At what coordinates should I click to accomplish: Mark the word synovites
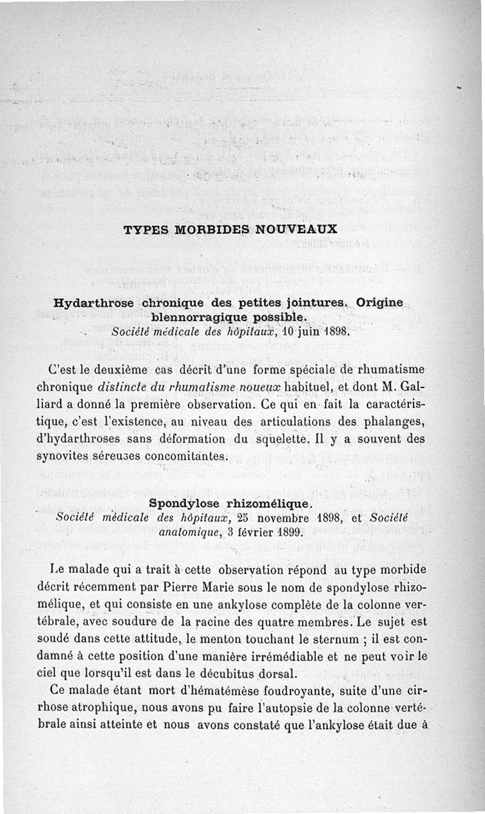coord(63,454)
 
